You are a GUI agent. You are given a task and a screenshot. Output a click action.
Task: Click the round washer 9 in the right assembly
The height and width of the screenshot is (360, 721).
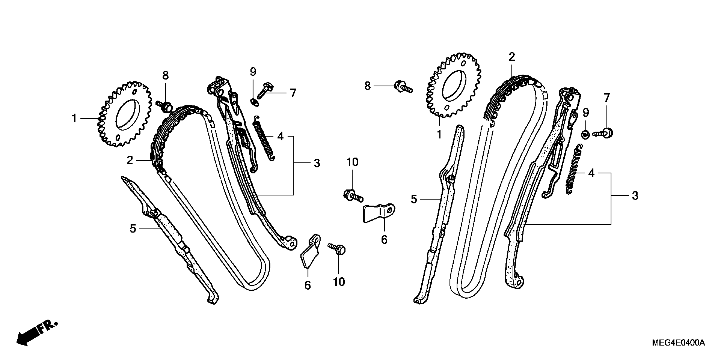click(585, 134)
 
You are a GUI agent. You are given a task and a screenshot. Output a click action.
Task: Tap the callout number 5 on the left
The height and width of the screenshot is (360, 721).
click(133, 228)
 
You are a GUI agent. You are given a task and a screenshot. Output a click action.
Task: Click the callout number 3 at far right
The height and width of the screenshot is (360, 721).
click(635, 196)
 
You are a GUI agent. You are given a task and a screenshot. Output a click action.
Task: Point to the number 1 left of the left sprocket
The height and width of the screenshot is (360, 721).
click(74, 119)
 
